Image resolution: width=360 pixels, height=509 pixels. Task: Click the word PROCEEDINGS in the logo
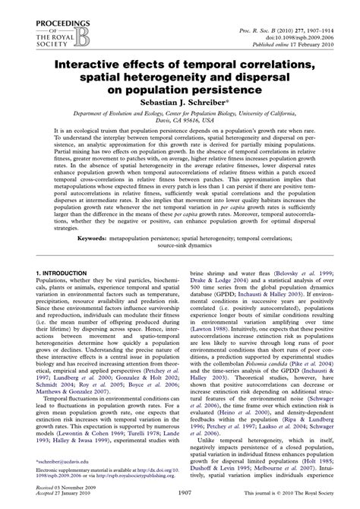(40, 5)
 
